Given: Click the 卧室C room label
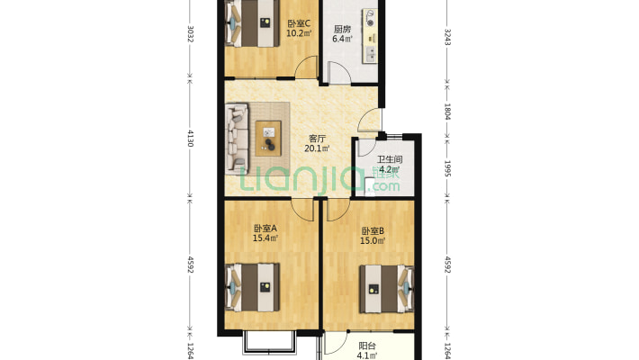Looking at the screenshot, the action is [299, 23].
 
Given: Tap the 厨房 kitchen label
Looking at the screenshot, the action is [342, 30].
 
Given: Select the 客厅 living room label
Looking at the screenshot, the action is [317, 139].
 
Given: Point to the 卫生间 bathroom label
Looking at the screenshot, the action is [390, 159].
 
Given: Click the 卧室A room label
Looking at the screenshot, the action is [265, 229].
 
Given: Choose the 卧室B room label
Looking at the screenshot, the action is [373, 231].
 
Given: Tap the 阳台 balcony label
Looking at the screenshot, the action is [367, 346].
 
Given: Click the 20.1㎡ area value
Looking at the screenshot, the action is [317, 148].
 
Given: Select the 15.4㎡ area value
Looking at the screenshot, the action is [265, 238].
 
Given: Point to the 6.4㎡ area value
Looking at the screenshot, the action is [342, 39].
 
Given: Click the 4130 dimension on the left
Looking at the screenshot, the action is [190, 138].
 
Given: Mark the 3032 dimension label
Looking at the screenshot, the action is [190, 34].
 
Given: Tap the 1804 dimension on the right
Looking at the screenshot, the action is [447, 112].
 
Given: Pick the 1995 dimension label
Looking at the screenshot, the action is [447, 168].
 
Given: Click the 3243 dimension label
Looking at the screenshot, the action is [447, 37].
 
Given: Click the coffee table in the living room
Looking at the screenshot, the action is [268, 139].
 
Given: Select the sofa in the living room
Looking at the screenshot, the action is [238, 139].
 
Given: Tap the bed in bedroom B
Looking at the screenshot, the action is [386, 289].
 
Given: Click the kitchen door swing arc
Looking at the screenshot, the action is [339, 73].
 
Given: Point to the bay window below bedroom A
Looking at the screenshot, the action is [269, 342].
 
